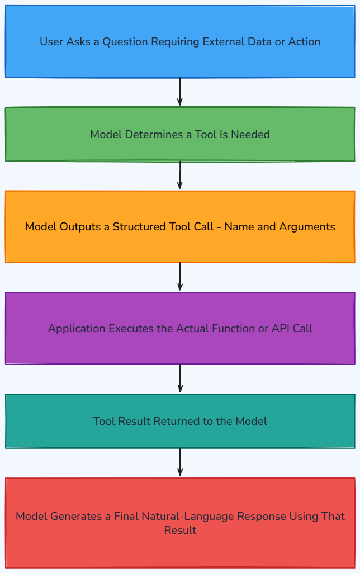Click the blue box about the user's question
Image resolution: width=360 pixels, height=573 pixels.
tap(180, 42)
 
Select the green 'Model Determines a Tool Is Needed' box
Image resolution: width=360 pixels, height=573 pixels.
tap(180, 134)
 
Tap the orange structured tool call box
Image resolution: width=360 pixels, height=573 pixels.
tap(180, 226)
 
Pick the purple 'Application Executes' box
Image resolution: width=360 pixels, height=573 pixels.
tap(180, 328)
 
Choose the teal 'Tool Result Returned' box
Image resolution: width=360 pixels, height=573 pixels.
tap(180, 421)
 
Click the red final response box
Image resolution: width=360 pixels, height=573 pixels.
tap(180, 523)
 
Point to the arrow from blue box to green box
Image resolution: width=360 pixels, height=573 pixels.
tap(180, 92)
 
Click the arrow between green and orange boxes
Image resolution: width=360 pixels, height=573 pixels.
tap(180, 176)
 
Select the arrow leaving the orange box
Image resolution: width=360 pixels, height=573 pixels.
tap(180, 277)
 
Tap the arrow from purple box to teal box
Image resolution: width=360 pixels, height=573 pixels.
tap(180, 379)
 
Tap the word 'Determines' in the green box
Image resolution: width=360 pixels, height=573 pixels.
tap(154, 135)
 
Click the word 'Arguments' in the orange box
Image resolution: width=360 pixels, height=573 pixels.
tap(307, 227)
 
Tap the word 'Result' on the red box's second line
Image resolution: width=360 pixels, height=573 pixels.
tap(180, 531)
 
